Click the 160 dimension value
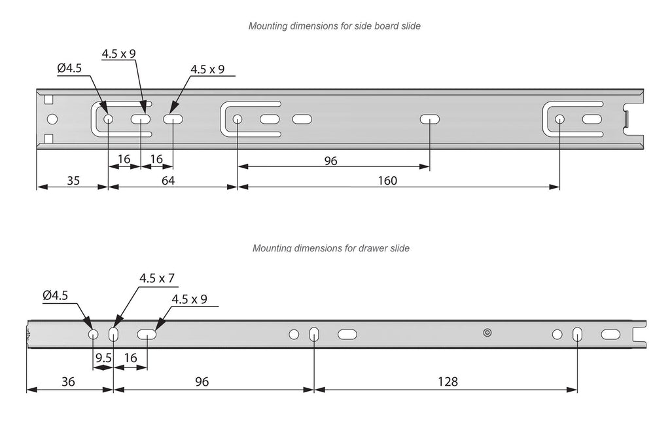387,180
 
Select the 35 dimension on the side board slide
73,180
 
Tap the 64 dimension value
168,180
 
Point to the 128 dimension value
448,381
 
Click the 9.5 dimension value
103,358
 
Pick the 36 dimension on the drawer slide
67,381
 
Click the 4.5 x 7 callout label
157,278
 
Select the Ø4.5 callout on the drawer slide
55,296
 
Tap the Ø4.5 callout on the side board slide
69,67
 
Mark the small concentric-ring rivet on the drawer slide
487,333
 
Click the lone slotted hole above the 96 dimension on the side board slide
430,119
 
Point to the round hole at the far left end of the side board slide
52,120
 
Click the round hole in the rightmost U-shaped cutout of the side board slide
559,119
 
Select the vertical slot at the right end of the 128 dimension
576,334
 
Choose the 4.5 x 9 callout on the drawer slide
189,299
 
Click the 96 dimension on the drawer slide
202,381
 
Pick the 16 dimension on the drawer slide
130,358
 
